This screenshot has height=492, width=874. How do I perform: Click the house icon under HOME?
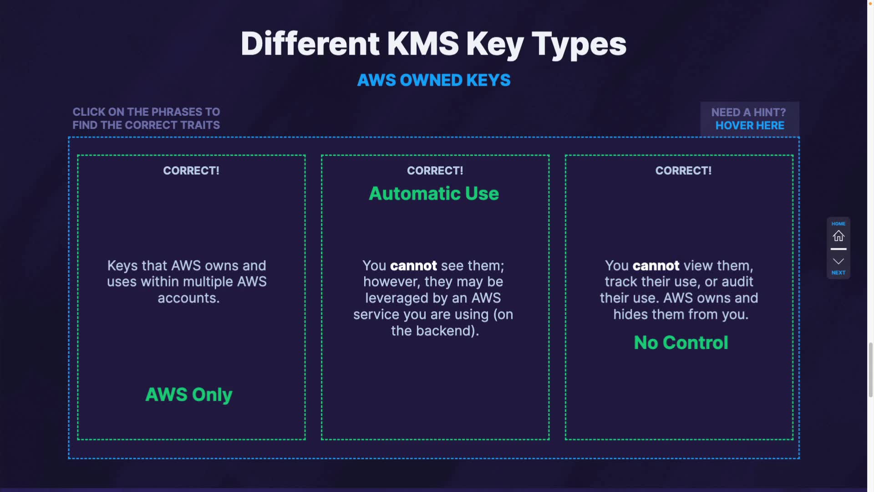(x=838, y=236)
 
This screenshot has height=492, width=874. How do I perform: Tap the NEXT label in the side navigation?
(x=838, y=273)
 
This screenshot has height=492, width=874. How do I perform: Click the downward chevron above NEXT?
(x=838, y=261)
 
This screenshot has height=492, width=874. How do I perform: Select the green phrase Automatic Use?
(x=434, y=194)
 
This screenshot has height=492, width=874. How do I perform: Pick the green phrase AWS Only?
(x=189, y=395)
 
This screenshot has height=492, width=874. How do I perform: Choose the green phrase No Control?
(x=681, y=343)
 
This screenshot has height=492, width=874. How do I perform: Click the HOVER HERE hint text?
(x=750, y=125)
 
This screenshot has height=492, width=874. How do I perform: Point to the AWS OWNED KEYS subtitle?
(x=434, y=80)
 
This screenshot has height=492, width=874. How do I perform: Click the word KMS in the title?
(x=423, y=44)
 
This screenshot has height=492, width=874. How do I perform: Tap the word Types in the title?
(x=579, y=45)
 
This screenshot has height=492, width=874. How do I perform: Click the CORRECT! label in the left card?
(x=191, y=171)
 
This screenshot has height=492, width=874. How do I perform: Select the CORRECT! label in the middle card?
(x=435, y=171)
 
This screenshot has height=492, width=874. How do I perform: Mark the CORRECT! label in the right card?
(x=683, y=171)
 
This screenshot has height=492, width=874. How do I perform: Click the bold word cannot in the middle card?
(x=413, y=266)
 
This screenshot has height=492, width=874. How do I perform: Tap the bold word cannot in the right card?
(x=656, y=266)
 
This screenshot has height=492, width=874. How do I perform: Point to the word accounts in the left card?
(x=188, y=298)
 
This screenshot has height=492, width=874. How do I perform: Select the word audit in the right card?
(x=737, y=282)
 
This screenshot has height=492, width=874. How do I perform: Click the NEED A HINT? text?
(x=748, y=113)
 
